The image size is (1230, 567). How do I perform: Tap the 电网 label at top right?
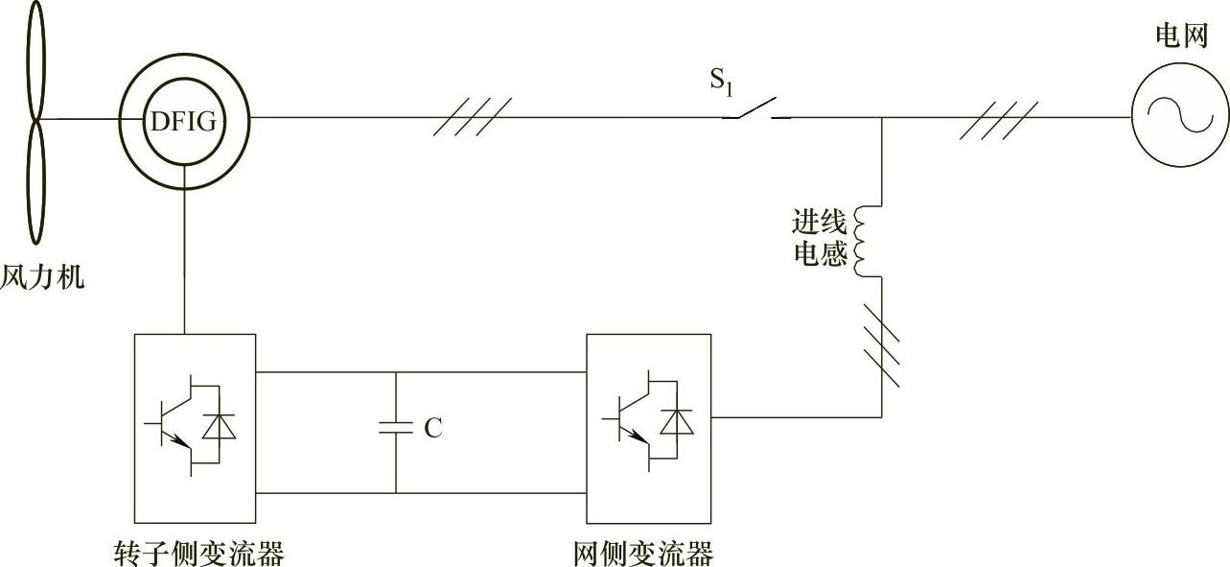[1182, 36]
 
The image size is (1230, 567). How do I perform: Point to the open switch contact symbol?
[755, 112]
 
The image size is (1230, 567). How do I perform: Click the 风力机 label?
[42, 278]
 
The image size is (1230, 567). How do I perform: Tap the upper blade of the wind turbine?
[35, 59]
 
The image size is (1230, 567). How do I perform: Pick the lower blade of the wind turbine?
[35, 182]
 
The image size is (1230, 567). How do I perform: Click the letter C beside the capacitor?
[433, 428]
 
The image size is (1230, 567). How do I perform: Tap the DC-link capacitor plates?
[395, 429]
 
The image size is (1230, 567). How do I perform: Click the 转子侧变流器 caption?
[197, 554]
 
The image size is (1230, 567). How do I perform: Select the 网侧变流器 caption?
[644, 554]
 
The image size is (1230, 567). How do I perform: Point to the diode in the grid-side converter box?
[682, 422]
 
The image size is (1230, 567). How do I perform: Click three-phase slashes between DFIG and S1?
[472, 117]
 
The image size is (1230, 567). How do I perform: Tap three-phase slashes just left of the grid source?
[998, 118]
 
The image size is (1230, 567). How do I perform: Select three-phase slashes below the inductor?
[880, 344]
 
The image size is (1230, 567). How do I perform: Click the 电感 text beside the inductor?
[819, 255]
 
